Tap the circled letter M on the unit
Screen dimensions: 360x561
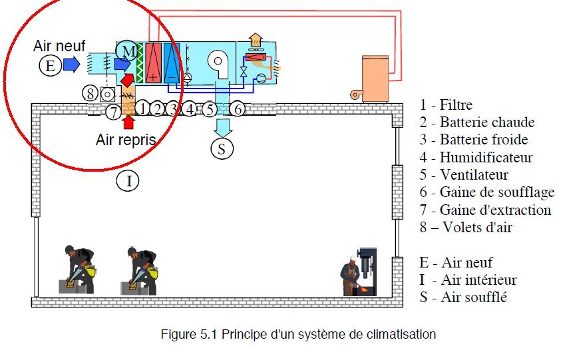coord(126,50)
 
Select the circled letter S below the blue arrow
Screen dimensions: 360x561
coord(222,148)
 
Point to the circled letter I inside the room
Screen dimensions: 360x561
coord(128,180)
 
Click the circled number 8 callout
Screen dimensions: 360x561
coord(91,93)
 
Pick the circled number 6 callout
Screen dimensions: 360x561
coord(238,108)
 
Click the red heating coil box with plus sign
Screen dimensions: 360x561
coord(154,62)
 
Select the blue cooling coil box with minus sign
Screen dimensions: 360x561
coord(172,62)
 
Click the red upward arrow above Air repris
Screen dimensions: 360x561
coord(128,121)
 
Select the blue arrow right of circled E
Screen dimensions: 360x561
coord(72,65)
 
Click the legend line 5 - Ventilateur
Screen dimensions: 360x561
coord(464,175)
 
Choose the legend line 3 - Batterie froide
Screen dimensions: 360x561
coord(474,140)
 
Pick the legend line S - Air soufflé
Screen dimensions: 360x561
coord(463,297)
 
